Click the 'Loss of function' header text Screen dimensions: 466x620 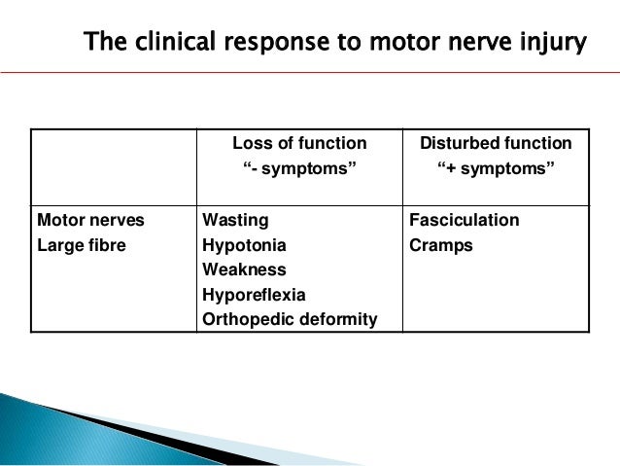click(299, 144)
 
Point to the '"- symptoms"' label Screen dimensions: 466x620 click(299, 171)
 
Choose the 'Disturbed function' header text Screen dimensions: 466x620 click(496, 144)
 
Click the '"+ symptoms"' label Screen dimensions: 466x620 click(496, 171)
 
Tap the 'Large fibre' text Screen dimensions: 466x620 click(82, 245)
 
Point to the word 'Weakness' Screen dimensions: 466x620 click(244, 269)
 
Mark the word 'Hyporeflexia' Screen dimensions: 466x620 click(254, 294)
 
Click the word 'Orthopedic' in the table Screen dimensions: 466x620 click(248, 319)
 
